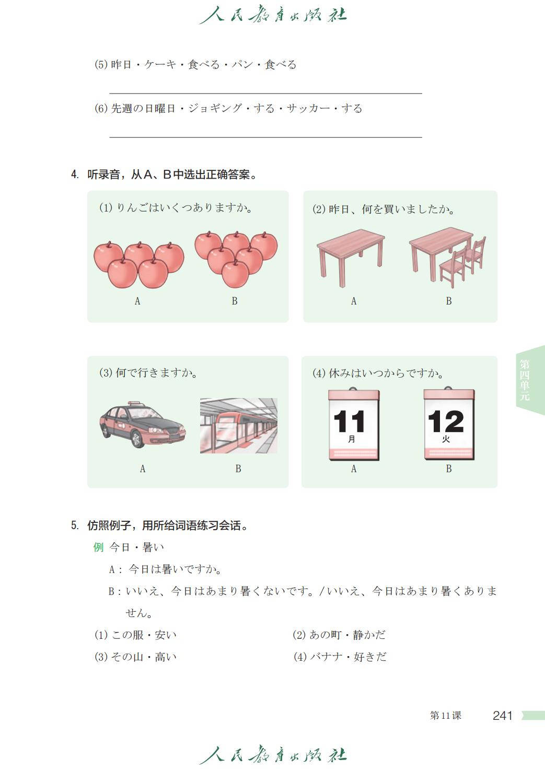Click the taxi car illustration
[143, 425]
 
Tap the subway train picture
[239, 426]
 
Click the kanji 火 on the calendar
[446, 439]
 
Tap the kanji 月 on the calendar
[352, 439]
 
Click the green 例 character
[98, 547]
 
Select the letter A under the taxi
[143, 469]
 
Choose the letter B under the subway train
[238, 469]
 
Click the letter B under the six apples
[235, 301]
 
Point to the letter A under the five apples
[137, 301]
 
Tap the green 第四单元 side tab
[525, 380]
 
